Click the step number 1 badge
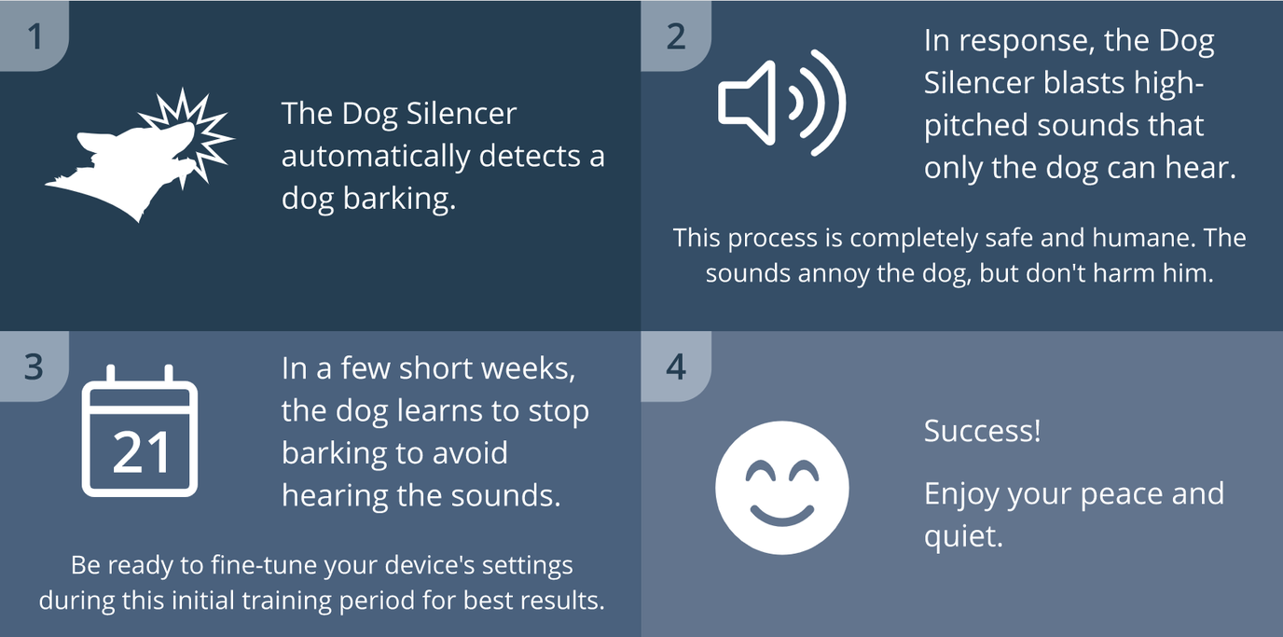click(34, 36)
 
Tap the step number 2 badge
click(676, 36)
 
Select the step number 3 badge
click(34, 367)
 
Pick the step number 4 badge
click(676, 367)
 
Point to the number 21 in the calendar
click(141, 453)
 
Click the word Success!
click(982, 432)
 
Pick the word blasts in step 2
click(1069, 83)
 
